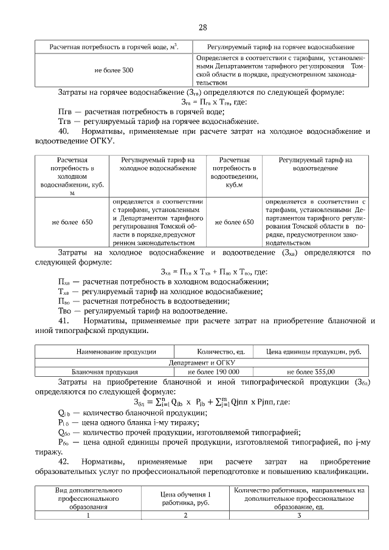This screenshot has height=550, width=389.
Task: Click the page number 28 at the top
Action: [203, 27]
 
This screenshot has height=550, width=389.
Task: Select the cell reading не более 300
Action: [114, 70]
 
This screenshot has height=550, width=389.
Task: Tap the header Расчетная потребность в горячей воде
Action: [114, 47]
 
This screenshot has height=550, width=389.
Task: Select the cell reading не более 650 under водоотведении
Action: [234, 222]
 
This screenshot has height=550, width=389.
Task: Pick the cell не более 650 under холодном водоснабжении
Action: [72, 222]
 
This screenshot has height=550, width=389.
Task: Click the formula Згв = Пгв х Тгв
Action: [204, 101]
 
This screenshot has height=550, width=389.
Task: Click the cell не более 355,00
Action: [311, 371]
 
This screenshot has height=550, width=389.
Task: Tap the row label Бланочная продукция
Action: [105, 371]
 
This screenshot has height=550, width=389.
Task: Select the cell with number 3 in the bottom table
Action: [299, 516]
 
